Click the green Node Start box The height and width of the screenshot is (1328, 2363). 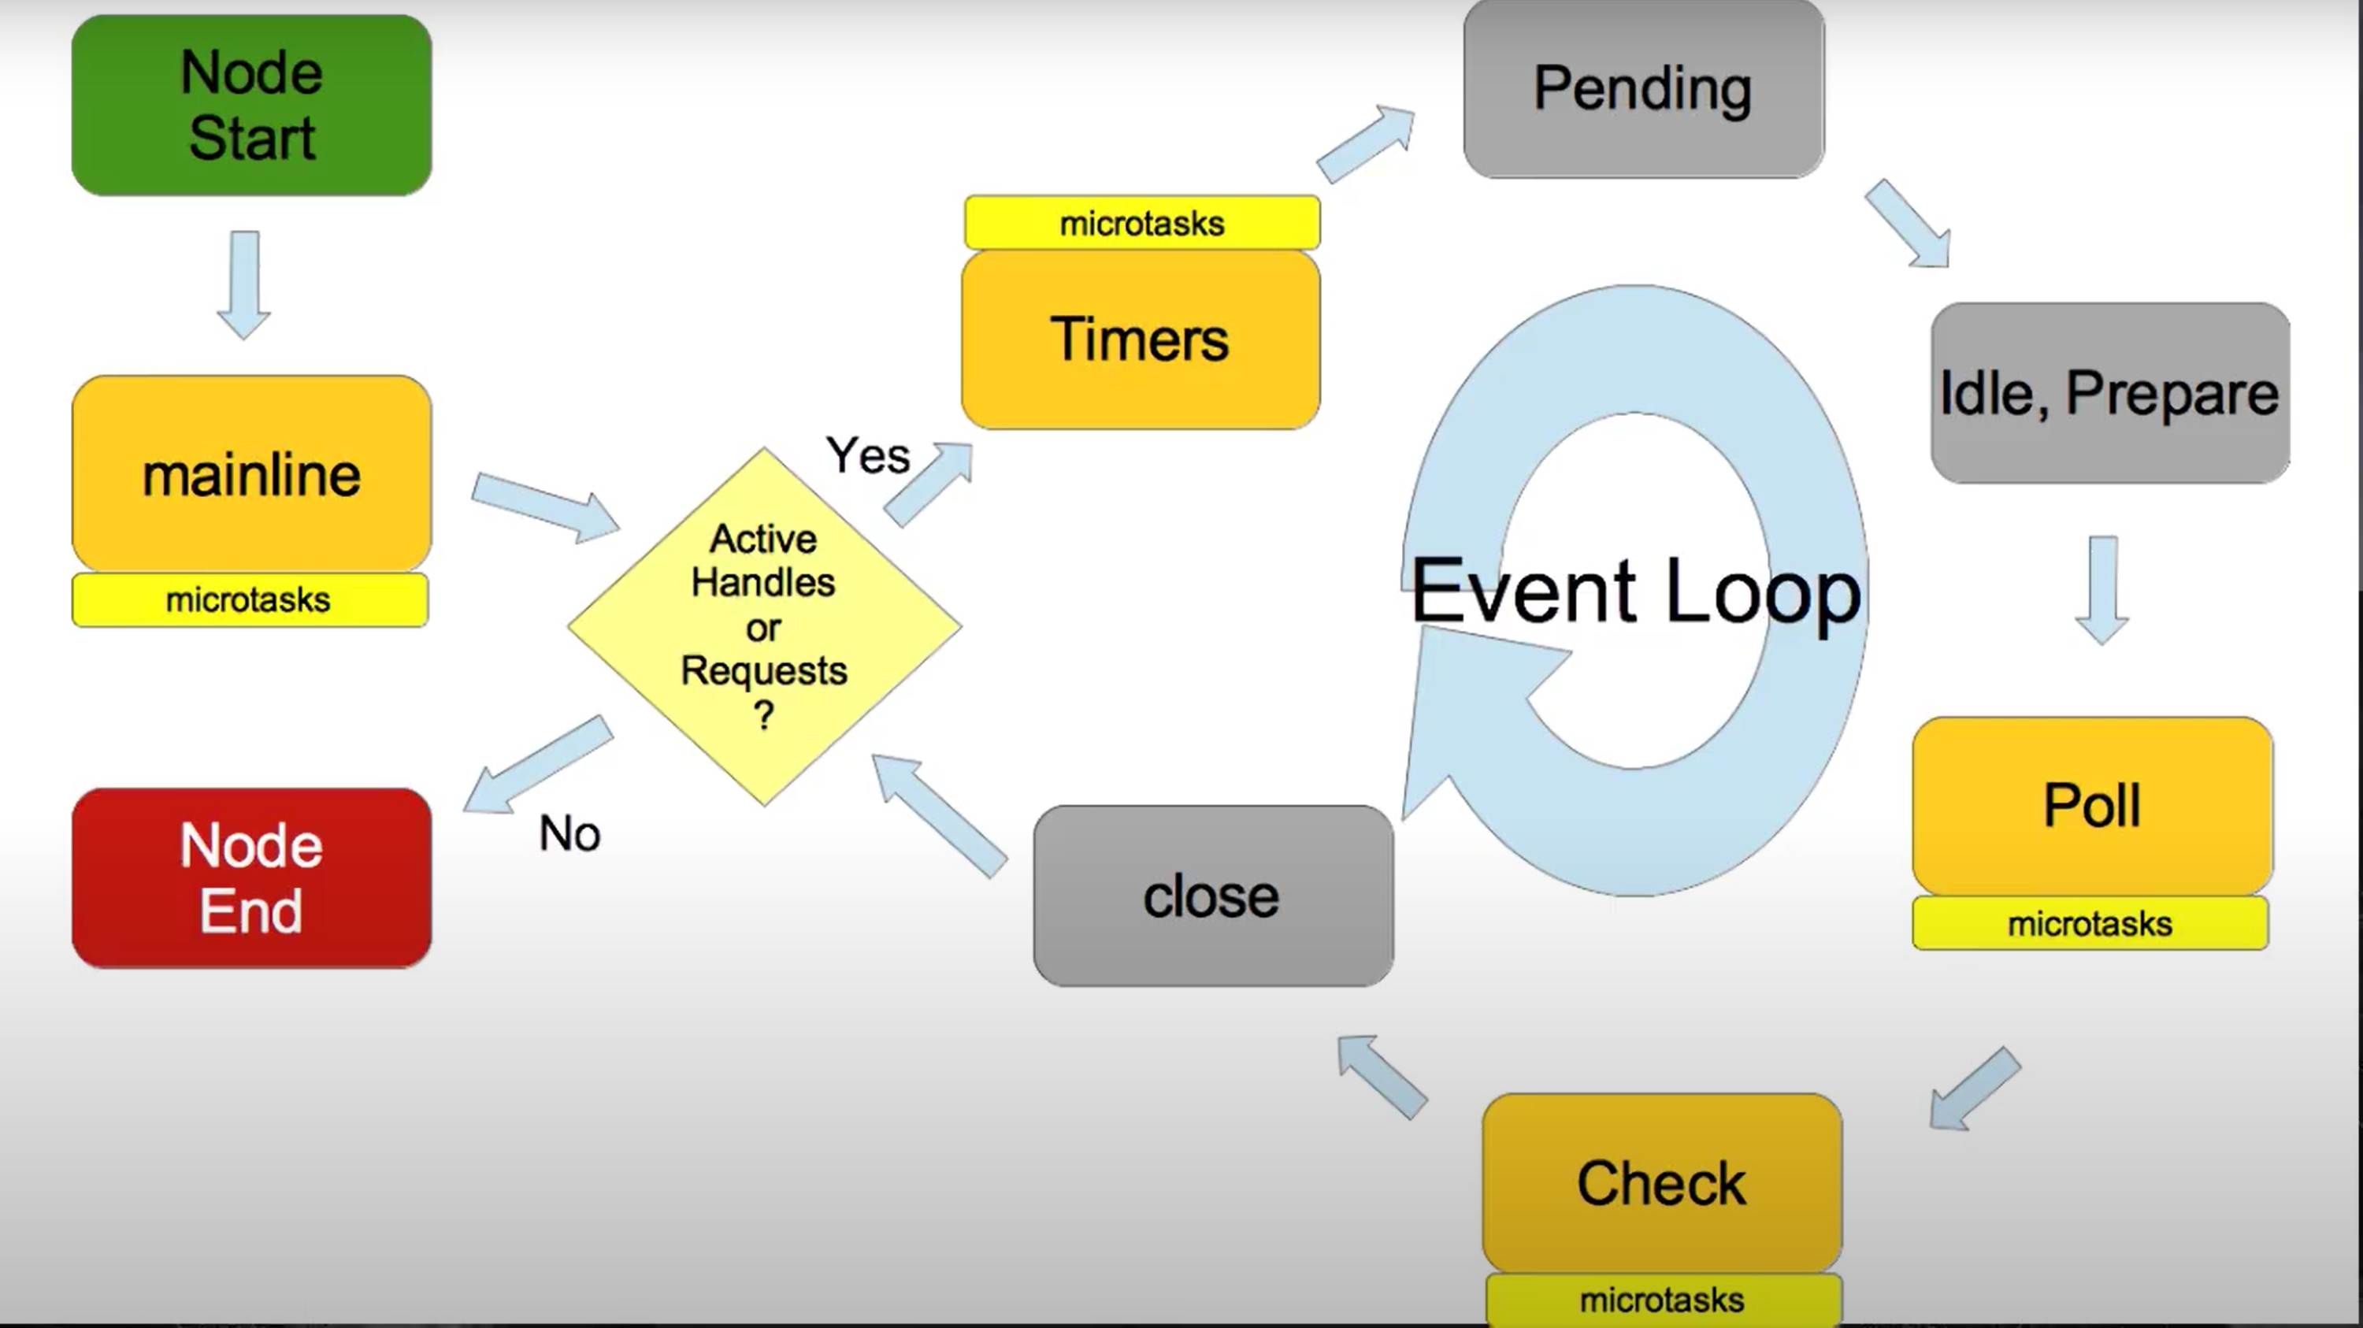click(251, 105)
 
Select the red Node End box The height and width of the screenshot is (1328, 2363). click(251, 877)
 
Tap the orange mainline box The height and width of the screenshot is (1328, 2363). click(251, 474)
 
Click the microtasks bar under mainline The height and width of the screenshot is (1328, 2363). click(250, 599)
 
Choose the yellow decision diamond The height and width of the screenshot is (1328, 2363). click(764, 626)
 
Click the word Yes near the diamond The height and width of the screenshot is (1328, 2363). click(867, 456)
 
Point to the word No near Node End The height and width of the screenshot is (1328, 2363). click(569, 833)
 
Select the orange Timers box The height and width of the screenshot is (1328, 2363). click(1141, 339)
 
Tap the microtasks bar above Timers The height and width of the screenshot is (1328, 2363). click(1142, 223)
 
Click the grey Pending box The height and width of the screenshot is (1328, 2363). click(1643, 89)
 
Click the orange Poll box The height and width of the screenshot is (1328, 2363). click(2092, 805)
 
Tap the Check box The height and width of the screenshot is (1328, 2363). click(1661, 1182)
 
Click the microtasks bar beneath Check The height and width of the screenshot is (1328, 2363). click(1662, 1300)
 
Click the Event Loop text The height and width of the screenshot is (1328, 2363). click(1635, 592)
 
